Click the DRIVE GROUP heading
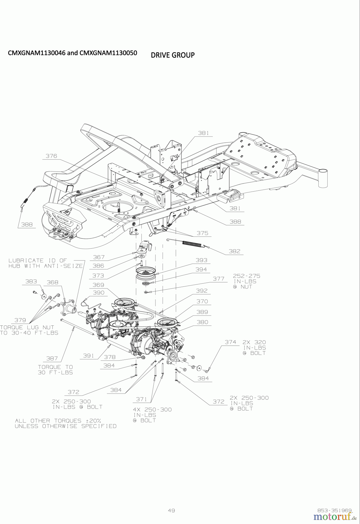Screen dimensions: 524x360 coord(173,55)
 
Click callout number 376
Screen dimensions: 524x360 coord(51,156)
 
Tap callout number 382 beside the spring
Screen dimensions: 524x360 coord(234,251)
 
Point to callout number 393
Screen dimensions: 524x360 coord(201,260)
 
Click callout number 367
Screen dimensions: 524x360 coord(99,257)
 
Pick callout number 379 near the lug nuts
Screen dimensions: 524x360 coord(20,320)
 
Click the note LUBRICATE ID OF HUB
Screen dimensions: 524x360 coord(45,263)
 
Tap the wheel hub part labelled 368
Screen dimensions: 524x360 coord(68,309)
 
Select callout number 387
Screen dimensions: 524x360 coord(52,359)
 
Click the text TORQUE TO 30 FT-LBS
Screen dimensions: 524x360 coord(55,370)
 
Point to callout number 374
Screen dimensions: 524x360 coord(230,342)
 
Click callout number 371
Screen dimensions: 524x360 coord(142,399)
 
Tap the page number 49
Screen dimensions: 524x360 coord(171,510)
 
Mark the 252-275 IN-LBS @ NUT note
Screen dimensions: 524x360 coord(246,281)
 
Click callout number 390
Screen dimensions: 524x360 coord(98,293)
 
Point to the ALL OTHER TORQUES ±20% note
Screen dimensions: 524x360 coord(65,423)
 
